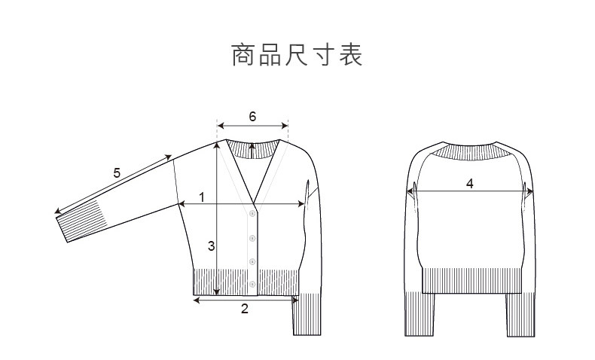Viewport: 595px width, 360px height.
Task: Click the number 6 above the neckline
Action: coord(252,117)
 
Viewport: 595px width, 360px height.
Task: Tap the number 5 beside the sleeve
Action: coord(117,173)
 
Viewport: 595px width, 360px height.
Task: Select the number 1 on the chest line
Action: coord(202,197)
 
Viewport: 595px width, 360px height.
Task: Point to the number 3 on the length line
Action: coord(212,246)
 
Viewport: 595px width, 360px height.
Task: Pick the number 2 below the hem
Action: coord(244,308)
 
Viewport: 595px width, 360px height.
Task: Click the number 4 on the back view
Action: coord(470,183)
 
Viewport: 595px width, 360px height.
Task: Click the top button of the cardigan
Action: coord(252,214)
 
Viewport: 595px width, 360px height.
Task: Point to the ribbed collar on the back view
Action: coord(471,151)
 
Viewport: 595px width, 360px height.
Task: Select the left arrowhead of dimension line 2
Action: coord(197,300)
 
